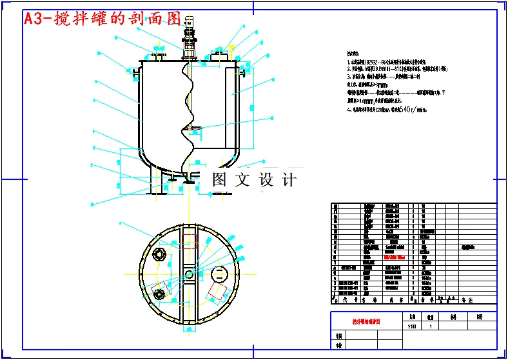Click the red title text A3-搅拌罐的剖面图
[102, 19]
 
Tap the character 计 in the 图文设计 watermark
[289, 179]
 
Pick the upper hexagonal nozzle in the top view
[159, 254]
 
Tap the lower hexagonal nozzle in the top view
[159, 295]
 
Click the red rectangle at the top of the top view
[189, 242]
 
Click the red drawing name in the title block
[366, 321]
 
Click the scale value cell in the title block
[413, 326]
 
